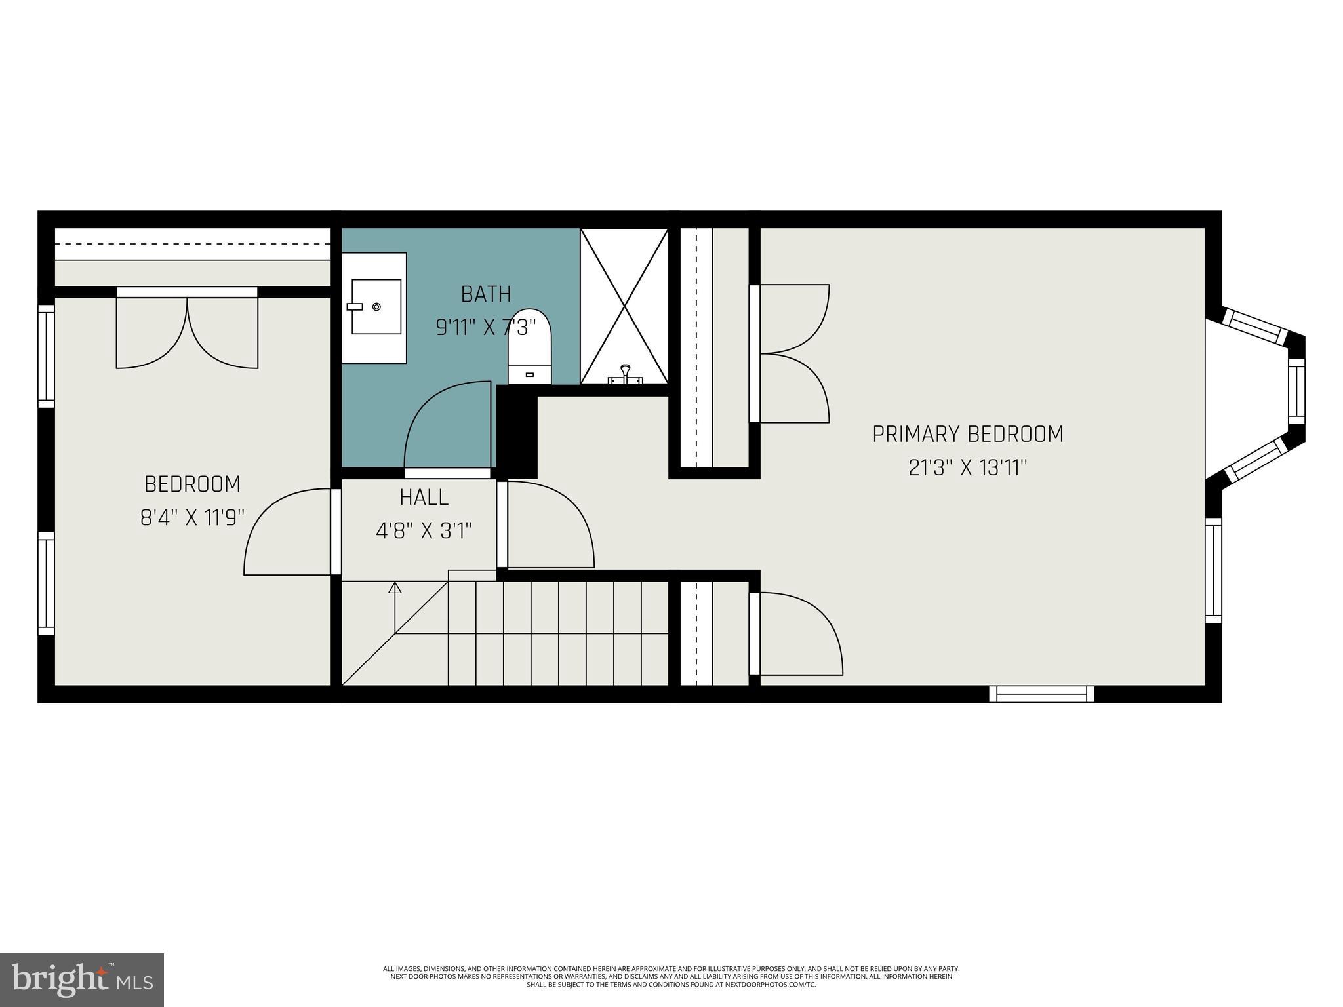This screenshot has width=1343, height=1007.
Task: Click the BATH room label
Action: (x=485, y=294)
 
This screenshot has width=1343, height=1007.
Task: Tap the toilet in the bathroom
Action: (x=530, y=347)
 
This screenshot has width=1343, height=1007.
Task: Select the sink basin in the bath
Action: (x=376, y=307)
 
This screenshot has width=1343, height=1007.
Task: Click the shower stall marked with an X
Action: (x=624, y=306)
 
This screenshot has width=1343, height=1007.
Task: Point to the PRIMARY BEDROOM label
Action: (x=967, y=434)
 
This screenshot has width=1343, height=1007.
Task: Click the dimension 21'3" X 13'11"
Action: (x=967, y=468)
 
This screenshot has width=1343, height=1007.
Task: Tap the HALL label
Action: (x=424, y=498)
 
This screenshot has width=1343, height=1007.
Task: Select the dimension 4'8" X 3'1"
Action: (x=424, y=530)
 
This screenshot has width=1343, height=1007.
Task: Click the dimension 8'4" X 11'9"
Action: (x=192, y=518)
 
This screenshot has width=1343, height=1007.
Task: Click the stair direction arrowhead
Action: (x=395, y=588)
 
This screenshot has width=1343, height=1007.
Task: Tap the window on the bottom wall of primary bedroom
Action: (x=1041, y=694)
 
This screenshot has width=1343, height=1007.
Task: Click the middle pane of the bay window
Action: (x=1296, y=391)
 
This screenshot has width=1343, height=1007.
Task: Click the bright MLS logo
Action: (x=81, y=979)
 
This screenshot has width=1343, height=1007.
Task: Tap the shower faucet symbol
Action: (x=626, y=374)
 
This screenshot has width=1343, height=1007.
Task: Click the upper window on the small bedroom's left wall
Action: (x=46, y=356)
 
